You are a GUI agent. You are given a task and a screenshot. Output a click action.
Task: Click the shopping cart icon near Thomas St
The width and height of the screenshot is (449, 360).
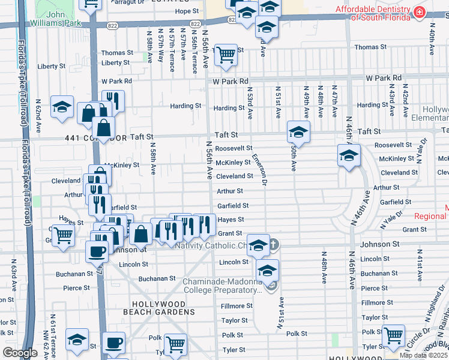[x=226, y=55]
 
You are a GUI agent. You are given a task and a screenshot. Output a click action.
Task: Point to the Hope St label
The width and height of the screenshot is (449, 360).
[x=187, y=11]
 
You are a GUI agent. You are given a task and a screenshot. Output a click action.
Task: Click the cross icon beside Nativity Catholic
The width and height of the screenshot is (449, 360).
[x=273, y=245]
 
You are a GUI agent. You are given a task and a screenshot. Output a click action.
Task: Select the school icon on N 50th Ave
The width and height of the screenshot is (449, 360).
[x=298, y=131]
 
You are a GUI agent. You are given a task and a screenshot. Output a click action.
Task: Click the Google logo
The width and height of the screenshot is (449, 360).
[x=20, y=353]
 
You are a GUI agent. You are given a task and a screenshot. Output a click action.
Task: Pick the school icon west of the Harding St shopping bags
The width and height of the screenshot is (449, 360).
[x=62, y=107]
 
